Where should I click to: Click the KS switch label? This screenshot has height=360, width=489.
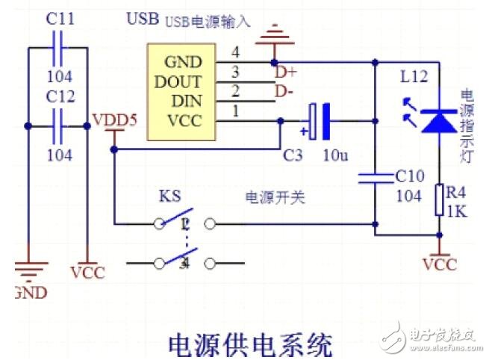coord(169,197)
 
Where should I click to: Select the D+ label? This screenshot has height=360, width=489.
coord(284,72)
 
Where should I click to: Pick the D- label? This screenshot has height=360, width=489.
coord(284,92)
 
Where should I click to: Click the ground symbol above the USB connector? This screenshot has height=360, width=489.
coord(274,33)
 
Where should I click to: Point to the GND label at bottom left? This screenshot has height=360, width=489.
coord(29,292)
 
